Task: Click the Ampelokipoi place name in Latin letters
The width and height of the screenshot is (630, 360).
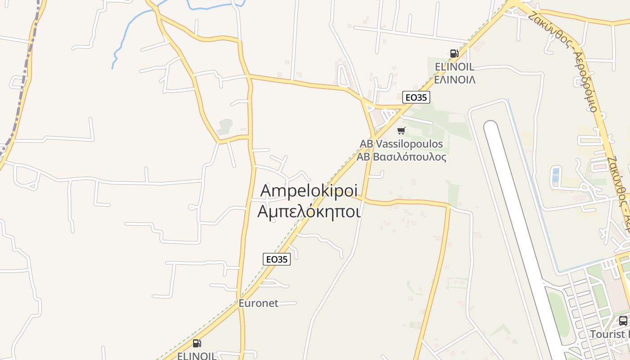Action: pos(309,191)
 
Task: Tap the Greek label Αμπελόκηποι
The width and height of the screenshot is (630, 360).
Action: pos(309,211)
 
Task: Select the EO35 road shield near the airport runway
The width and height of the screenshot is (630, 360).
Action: pos(416,97)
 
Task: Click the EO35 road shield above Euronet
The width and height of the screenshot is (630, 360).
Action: pos(277,259)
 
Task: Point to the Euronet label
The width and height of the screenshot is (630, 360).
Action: pos(258,303)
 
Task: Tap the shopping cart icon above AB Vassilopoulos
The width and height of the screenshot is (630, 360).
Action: pos(401,131)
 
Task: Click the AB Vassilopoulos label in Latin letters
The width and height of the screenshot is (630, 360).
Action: pos(401,144)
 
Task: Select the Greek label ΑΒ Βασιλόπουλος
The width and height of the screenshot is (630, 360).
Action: pos(401,157)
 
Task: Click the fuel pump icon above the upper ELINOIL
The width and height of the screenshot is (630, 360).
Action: pos(454,54)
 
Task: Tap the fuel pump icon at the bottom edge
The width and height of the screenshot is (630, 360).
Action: pos(197,343)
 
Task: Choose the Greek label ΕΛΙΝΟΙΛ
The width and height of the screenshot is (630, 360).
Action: pos(455,80)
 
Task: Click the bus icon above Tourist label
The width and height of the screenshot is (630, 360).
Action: pos(623,321)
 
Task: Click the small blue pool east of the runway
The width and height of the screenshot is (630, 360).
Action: pos(556,175)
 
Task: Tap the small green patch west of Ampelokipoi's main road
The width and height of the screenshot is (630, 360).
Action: pos(225,126)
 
